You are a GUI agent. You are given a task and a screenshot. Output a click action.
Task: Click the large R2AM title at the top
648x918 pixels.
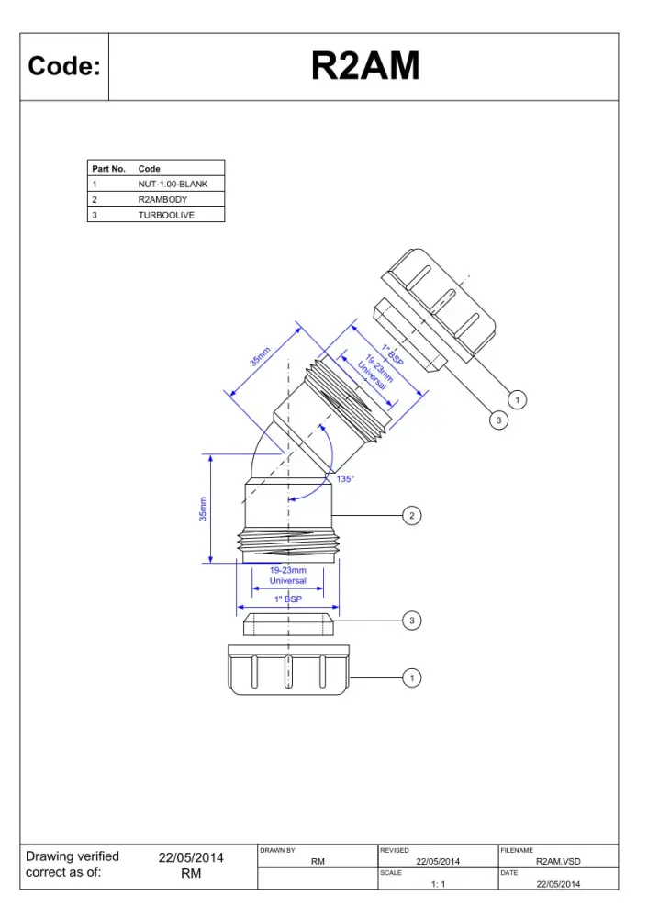(x=365, y=65)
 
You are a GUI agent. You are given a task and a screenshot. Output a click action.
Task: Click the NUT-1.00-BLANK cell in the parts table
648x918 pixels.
(x=173, y=184)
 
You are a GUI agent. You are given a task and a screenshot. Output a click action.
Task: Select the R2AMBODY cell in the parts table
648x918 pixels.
(x=162, y=199)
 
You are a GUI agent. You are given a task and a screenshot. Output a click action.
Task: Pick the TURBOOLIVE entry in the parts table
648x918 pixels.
(x=166, y=215)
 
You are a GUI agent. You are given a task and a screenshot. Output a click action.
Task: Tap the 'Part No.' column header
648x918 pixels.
(x=109, y=169)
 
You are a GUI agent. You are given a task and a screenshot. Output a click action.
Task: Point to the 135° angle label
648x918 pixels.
(x=345, y=479)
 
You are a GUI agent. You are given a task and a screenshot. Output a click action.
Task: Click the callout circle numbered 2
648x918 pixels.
(x=412, y=516)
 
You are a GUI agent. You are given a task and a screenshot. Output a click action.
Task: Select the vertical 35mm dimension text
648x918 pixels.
(x=203, y=509)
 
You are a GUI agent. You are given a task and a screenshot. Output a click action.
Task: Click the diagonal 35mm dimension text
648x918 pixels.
(x=260, y=356)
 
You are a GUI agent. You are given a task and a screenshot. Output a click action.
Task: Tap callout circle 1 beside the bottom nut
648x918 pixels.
(x=412, y=678)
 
